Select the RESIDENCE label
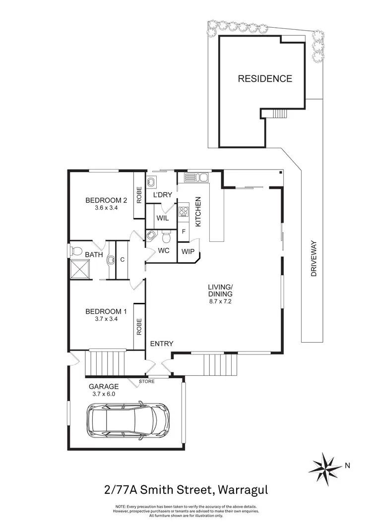[264, 78]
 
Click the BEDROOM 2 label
[106, 200]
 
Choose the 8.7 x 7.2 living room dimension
[220, 300]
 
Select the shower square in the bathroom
[80, 269]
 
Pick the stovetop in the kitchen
[183, 212]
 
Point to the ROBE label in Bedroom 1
[139, 326]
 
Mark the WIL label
[163, 218]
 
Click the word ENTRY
[161, 344]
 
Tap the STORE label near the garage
[147, 381]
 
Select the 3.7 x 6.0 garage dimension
[103, 394]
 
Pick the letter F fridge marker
[184, 231]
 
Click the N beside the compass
[348, 465]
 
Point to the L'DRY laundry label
[163, 195]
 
